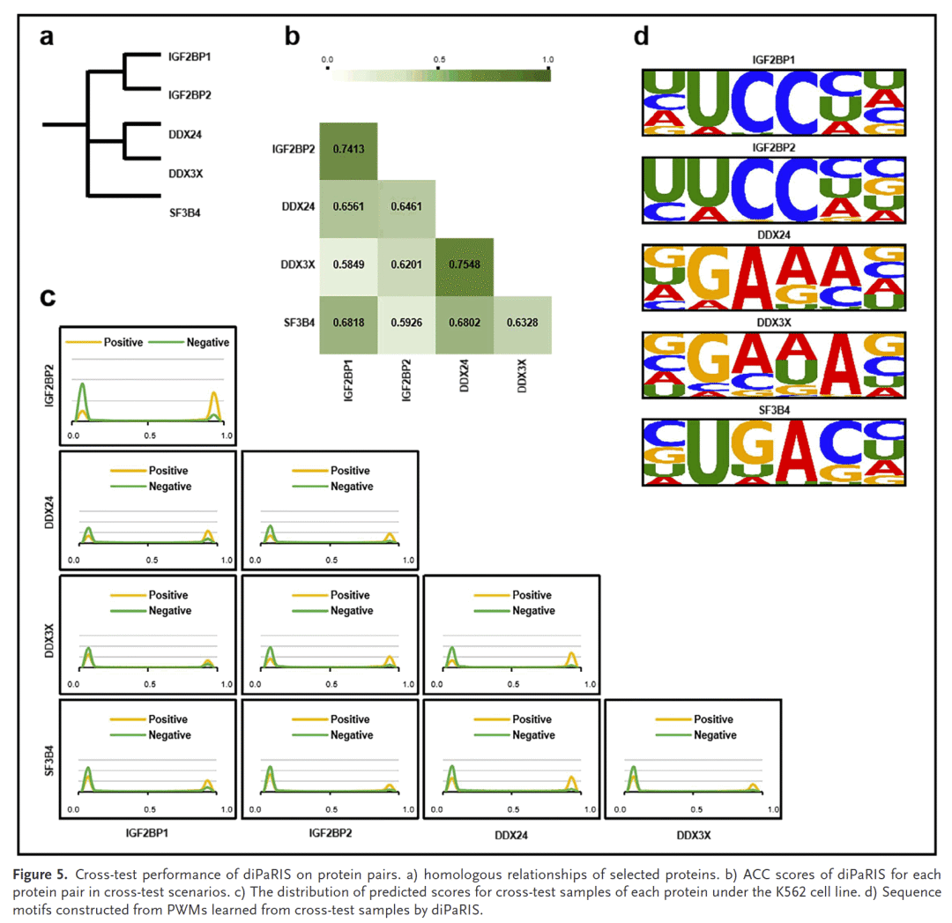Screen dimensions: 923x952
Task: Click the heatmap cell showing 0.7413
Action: (348, 150)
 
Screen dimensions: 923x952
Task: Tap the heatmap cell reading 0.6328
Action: (522, 324)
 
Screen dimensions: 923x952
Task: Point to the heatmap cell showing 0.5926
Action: (406, 324)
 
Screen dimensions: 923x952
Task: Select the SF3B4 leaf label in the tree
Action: (183, 212)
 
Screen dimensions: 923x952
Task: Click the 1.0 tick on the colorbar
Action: (548, 59)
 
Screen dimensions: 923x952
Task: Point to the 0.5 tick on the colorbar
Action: (438, 59)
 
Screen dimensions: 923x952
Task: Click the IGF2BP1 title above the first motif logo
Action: (772, 60)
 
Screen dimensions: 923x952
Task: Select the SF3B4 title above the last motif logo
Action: (772, 412)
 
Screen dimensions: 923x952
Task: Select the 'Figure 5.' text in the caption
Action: (39, 875)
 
